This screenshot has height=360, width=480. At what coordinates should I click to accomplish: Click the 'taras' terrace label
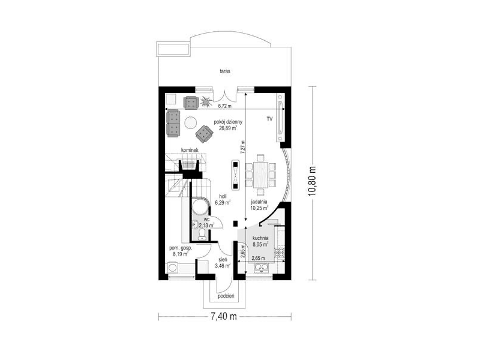tap(224, 71)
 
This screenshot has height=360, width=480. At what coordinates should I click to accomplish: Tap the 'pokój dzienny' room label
tap(228, 122)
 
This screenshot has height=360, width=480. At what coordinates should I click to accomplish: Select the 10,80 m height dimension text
tap(312, 183)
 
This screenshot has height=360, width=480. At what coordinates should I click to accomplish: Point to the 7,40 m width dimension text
tap(224, 316)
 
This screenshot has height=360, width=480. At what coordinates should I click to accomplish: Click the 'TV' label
tap(269, 119)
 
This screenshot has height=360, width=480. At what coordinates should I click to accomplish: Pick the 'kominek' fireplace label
tap(190, 150)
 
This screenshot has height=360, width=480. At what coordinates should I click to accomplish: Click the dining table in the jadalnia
tap(260, 175)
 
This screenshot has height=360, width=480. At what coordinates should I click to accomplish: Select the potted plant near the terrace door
tap(206, 101)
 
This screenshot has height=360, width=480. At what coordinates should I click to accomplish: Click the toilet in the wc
tap(202, 234)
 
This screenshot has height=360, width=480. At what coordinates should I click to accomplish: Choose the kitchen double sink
tap(262, 268)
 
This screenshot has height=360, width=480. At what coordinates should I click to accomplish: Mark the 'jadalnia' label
tap(259, 202)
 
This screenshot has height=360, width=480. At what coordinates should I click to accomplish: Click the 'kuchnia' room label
tap(260, 238)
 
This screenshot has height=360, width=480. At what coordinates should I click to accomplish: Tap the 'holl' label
tap(223, 196)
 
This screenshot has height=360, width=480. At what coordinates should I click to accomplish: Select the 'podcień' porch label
tap(226, 296)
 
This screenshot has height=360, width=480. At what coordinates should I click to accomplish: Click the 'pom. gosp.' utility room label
tap(181, 248)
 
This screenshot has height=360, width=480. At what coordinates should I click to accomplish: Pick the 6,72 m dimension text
tap(224, 106)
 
